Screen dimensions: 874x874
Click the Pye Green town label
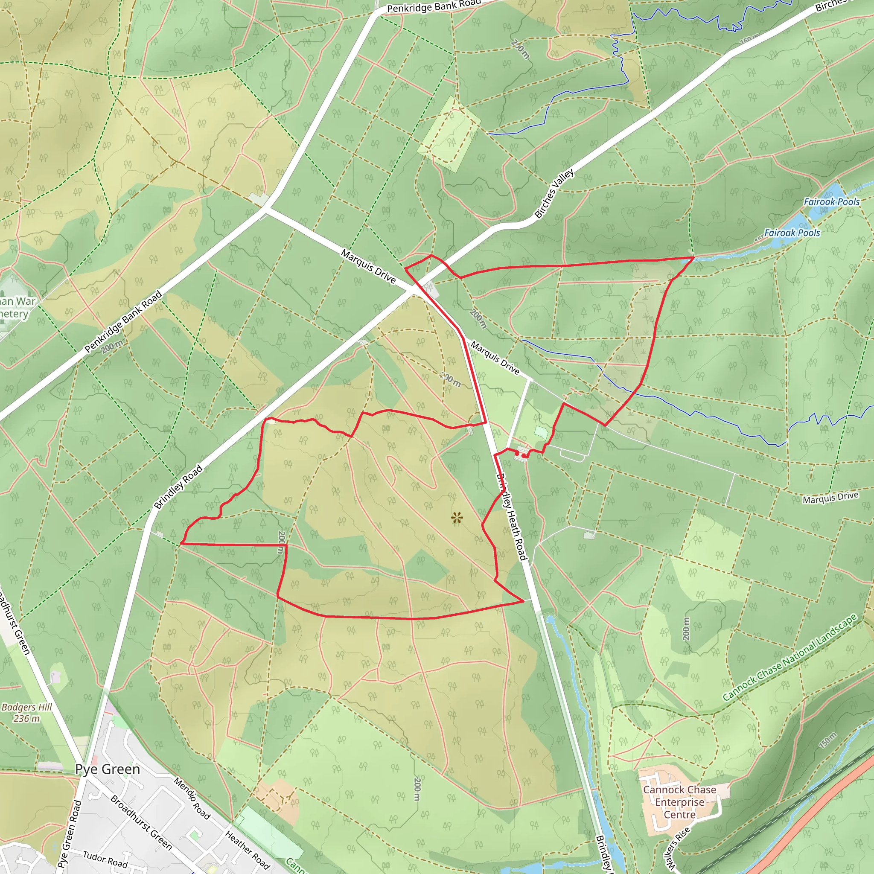108,769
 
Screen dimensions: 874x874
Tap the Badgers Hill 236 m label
27,713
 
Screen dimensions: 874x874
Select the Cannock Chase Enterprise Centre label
679,802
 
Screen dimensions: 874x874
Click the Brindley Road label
178,488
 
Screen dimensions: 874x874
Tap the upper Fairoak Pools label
831,202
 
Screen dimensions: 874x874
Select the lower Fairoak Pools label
792,233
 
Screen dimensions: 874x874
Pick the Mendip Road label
192,799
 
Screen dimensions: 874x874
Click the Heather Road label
247,850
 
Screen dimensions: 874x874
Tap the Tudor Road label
105,859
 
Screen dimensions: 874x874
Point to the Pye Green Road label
70,834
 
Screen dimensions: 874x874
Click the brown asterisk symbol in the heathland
457,518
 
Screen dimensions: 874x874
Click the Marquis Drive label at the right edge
830,498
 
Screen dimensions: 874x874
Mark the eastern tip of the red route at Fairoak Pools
693,257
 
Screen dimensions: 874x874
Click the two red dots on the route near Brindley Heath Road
520,454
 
